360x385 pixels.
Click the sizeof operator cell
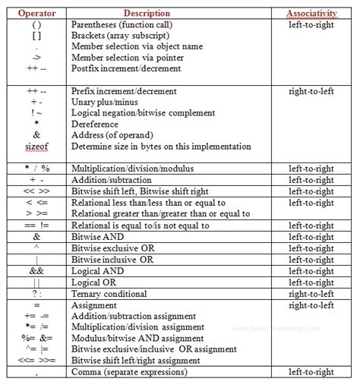coord(36,147)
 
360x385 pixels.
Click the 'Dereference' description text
coord(96,124)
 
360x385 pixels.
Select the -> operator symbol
coord(36,58)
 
